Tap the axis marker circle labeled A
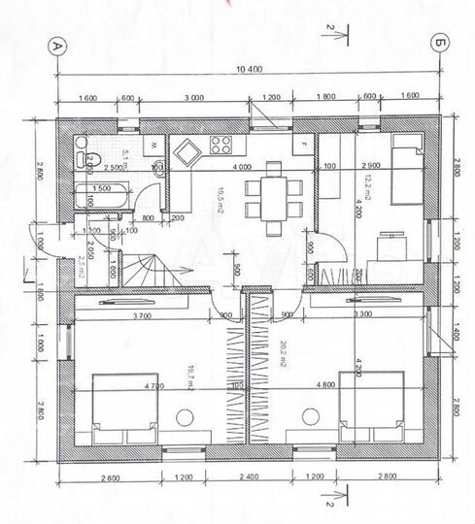point(57,45)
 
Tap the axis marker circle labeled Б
point(441,45)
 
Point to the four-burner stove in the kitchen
point(220,147)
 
